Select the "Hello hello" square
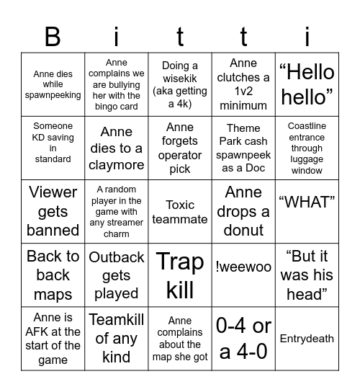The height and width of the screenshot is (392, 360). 307,84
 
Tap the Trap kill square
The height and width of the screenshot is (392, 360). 180,275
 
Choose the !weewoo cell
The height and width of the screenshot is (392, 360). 243,267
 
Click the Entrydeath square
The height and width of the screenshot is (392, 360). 307,339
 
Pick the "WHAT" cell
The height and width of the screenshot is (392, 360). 307,202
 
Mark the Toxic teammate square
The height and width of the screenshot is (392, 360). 180,212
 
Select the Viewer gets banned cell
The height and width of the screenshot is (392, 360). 53,211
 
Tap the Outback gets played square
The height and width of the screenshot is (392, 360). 117,275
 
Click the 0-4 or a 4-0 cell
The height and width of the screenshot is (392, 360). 243,339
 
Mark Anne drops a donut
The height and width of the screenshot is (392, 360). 243,211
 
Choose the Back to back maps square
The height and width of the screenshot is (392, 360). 53,275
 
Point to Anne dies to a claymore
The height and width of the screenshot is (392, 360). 117,148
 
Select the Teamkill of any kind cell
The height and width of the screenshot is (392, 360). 117,338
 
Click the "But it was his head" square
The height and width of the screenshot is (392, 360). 307,275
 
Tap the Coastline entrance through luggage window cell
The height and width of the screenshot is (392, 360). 307,148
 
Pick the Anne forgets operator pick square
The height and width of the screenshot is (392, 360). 180,148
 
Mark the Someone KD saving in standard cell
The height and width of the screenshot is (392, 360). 53,142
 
